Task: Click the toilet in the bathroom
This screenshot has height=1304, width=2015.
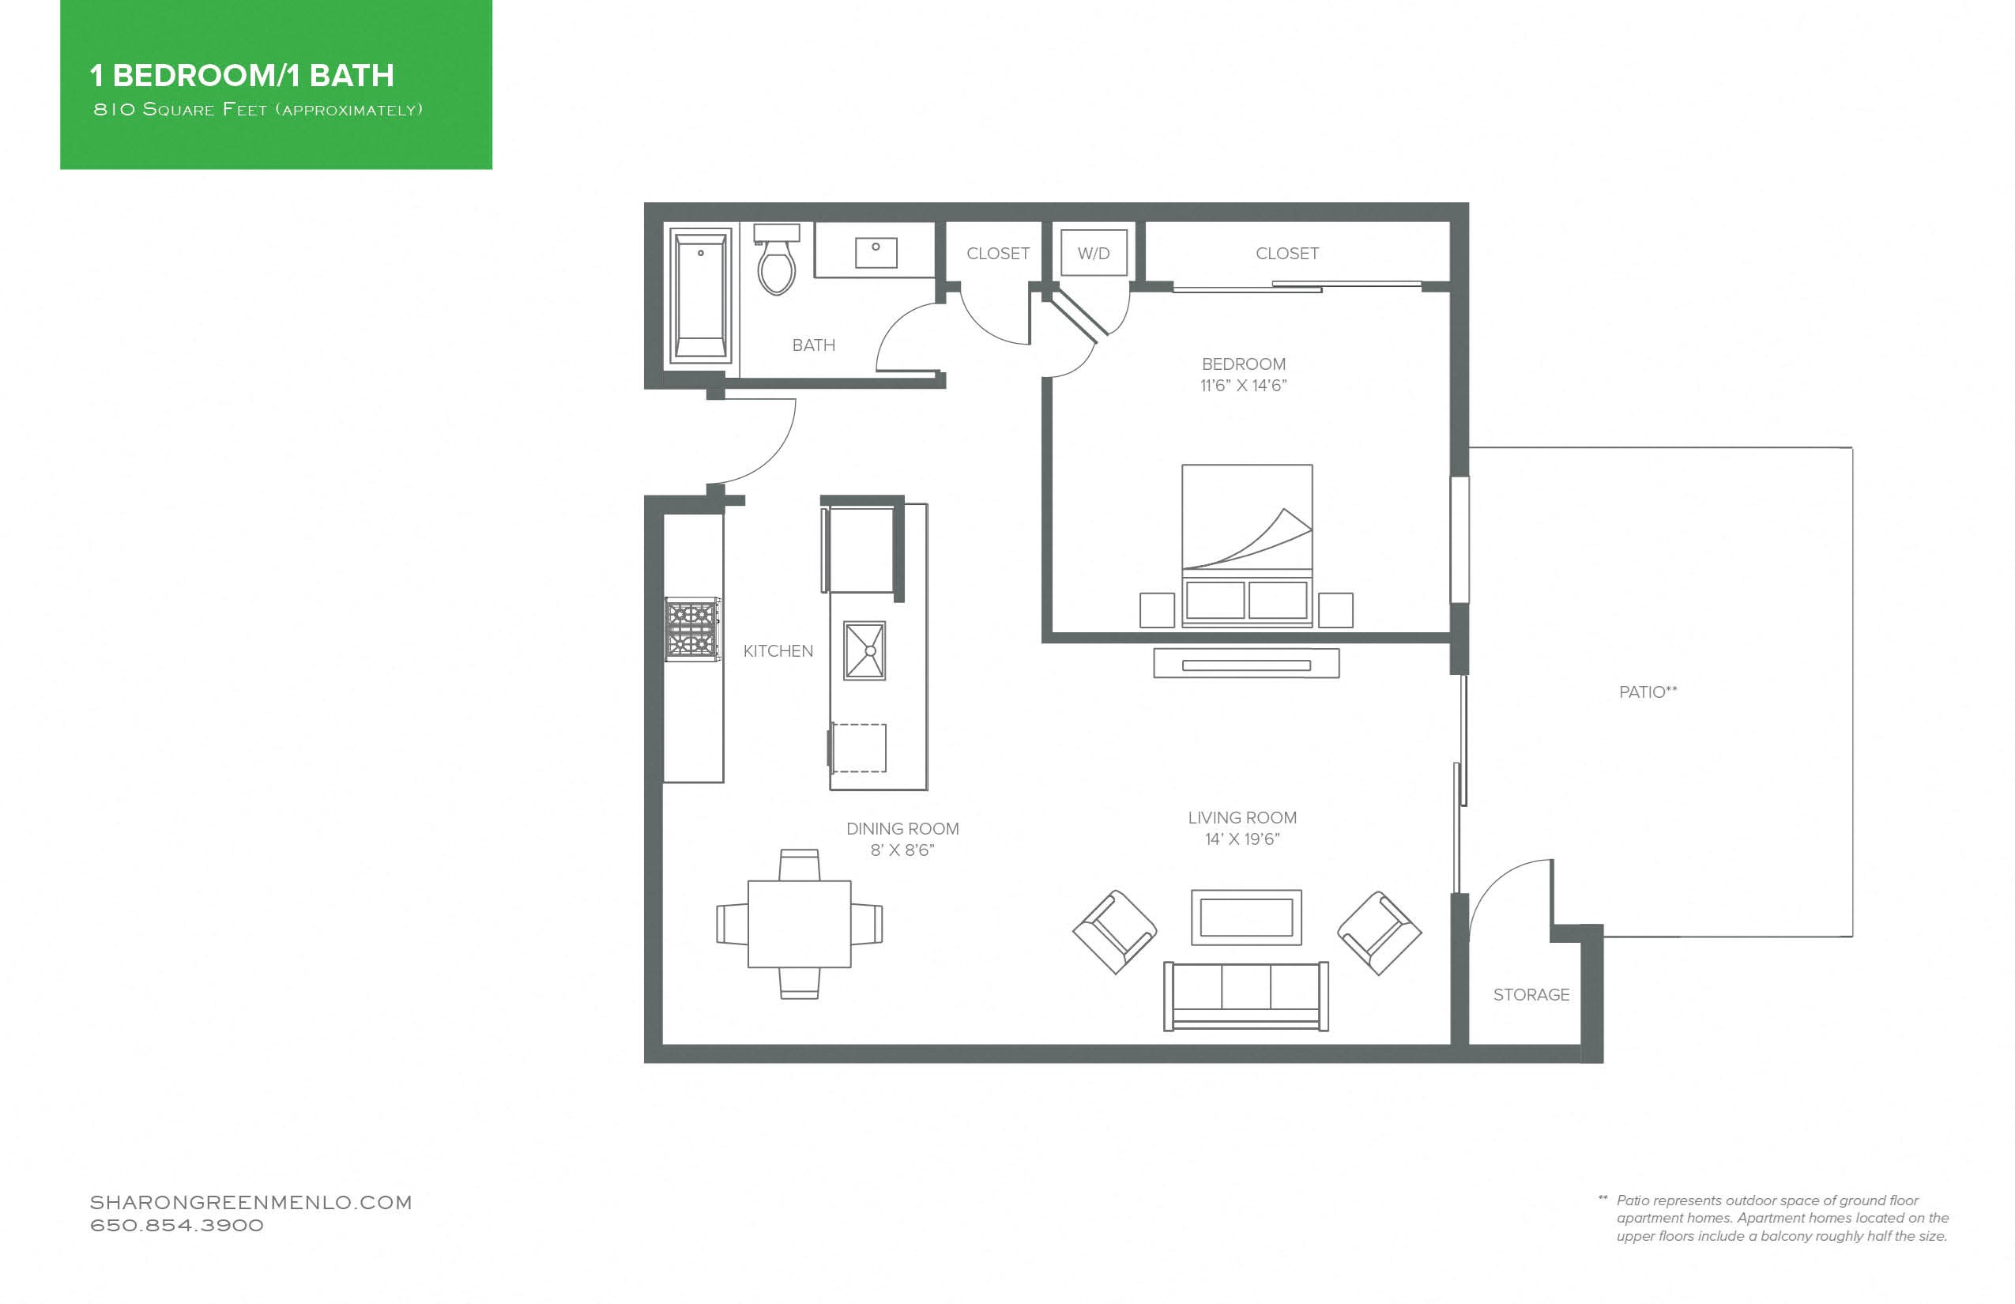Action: [x=776, y=258]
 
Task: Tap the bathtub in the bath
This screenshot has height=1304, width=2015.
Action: [x=700, y=296]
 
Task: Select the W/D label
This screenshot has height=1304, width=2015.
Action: [x=1093, y=253]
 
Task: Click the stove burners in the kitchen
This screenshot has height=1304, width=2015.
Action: [x=692, y=629]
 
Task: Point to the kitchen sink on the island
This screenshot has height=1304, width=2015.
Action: [x=864, y=651]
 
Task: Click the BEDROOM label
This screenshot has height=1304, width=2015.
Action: [x=1244, y=364]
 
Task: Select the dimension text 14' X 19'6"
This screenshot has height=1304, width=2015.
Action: [x=1242, y=839]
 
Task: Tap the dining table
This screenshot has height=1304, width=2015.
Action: [x=799, y=924]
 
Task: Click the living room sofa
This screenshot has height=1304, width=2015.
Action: [x=1246, y=996]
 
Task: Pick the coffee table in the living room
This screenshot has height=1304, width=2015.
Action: [x=1246, y=917]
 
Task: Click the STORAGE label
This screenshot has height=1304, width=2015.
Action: [x=1531, y=995]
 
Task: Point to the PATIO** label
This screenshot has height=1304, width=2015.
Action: [x=1648, y=692]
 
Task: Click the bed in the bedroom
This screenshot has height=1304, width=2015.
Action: [x=1247, y=545]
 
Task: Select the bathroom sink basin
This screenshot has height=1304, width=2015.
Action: [x=876, y=252]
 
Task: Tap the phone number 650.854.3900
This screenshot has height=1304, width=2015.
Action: [x=177, y=1225]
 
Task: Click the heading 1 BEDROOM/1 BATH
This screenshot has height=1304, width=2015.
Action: [x=242, y=75]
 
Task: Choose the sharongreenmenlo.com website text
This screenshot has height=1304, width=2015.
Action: [x=250, y=1202]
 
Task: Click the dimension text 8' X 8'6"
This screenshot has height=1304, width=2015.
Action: [x=902, y=850]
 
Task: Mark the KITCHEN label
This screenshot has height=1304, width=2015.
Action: [x=778, y=651]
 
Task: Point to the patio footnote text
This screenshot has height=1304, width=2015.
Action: [x=1781, y=1219]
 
